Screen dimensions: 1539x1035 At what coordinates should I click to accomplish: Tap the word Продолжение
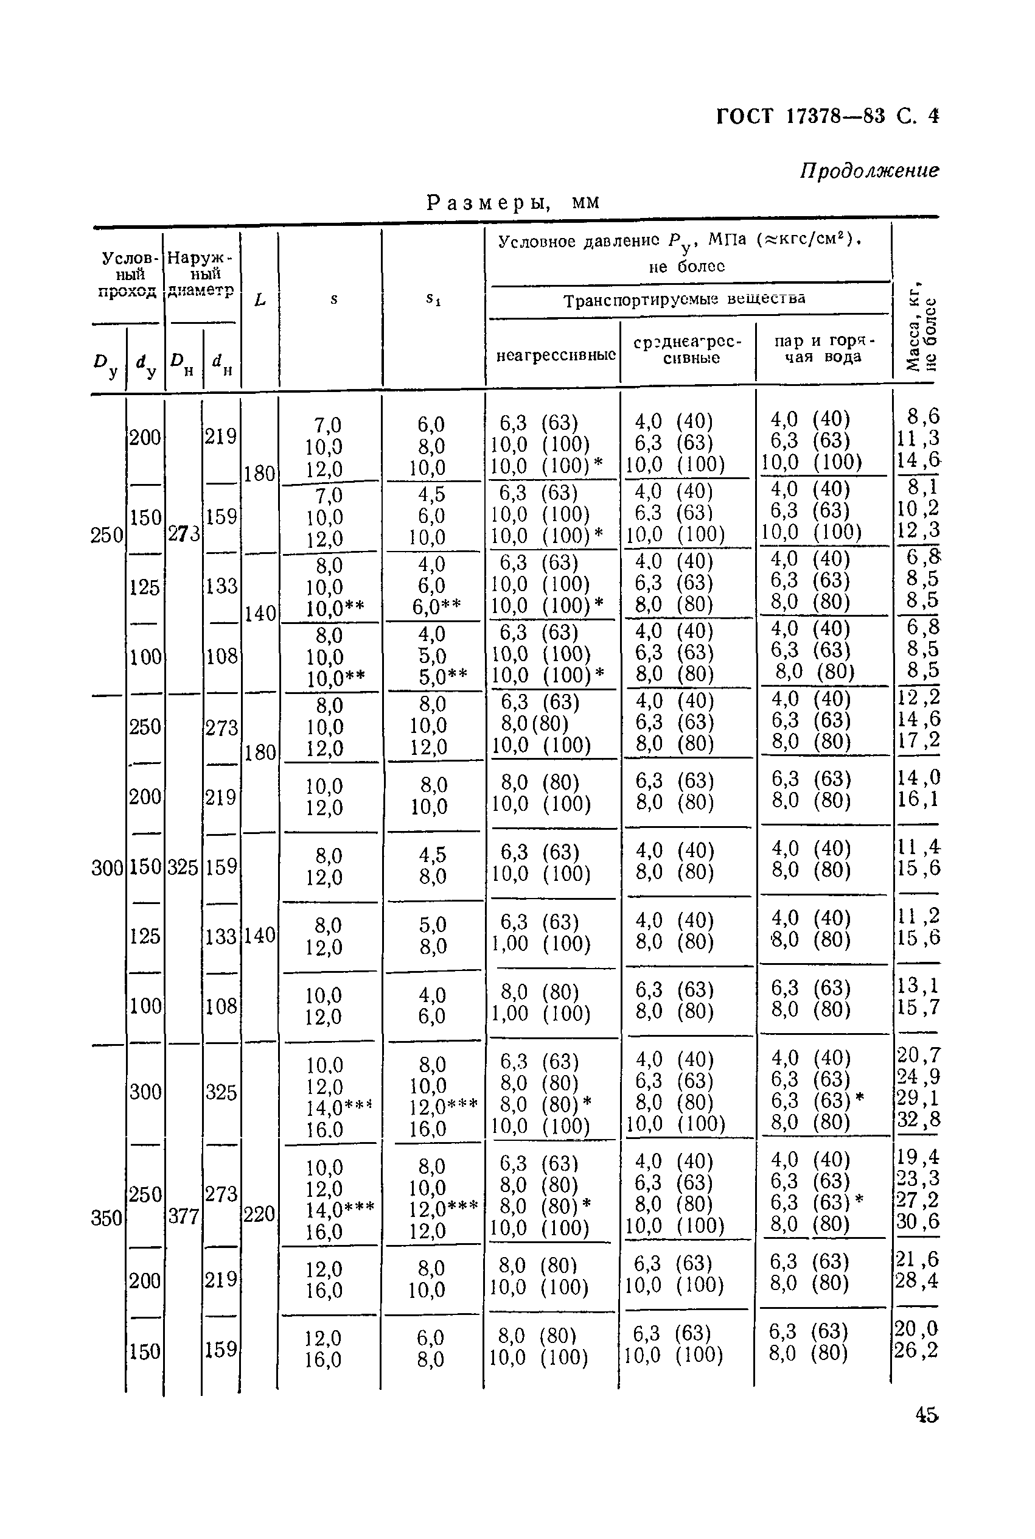(x=869, y=171)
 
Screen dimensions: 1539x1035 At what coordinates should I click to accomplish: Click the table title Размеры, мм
(x=513, y=202)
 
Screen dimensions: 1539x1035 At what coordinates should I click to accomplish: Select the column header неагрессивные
(x=555, y=355)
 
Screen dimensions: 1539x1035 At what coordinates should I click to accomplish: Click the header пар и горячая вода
(x=823, y=349)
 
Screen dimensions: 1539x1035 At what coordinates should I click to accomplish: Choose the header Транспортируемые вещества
(x=685, y=300)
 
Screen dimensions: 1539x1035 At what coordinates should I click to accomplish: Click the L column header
(x=260, y=300)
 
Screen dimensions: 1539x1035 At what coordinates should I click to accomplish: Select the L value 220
(x=259, y=1213)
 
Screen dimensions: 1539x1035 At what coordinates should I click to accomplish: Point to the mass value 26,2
(x=916, y=1351)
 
